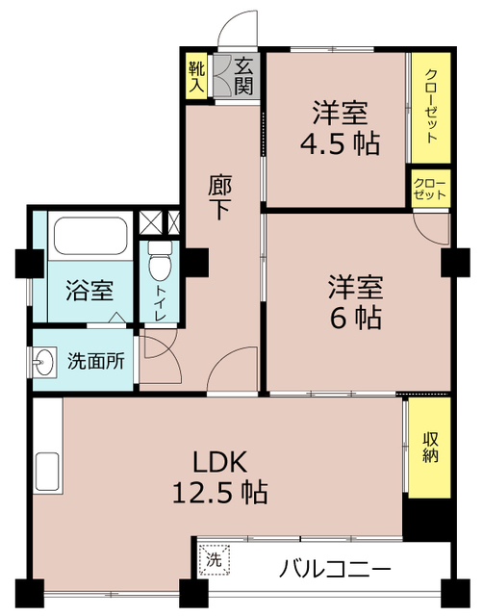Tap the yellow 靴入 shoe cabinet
196,75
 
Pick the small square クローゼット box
429,187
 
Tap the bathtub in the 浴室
89,235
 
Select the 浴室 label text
89,290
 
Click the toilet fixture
159,258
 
